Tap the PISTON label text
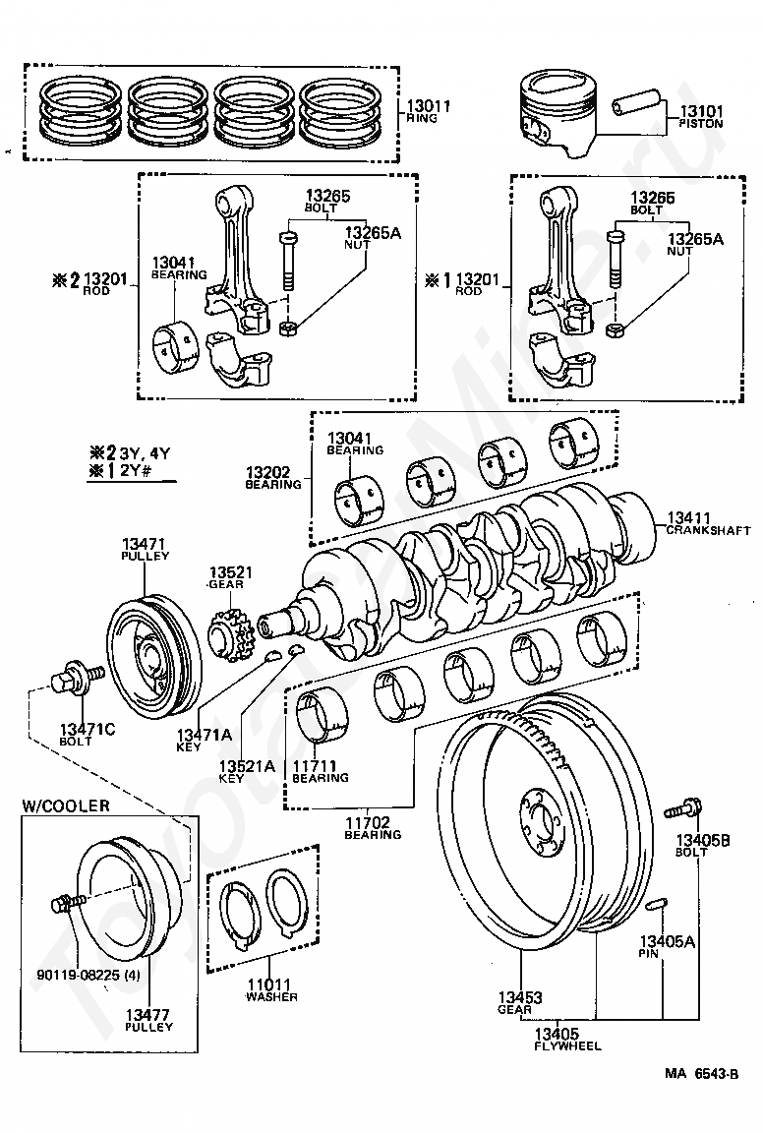(x=700, y=124)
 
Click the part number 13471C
(x=87, y=729)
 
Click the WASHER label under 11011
(x=271, y=997)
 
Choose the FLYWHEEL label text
(x=567, y=1045)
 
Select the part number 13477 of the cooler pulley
(x=148, y=1014)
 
